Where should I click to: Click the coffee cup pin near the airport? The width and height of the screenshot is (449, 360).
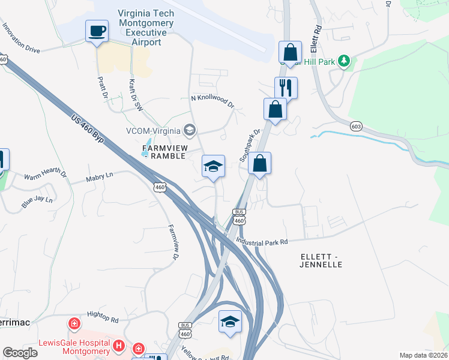tap(97, 31)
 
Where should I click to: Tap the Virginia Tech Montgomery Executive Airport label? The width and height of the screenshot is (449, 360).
tap(146, 28)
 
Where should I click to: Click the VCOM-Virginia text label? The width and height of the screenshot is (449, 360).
tap(154, 131)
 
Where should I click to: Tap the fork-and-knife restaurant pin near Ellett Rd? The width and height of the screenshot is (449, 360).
tap(285, 88)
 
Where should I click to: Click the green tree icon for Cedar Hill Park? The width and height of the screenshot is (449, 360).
tap(344, 61)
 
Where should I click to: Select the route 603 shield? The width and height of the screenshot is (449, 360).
tap(357, 126)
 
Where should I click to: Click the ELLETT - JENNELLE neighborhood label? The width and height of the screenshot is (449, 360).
tap(321, 260)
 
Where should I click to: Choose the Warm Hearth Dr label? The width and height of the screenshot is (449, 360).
tap(45, 175)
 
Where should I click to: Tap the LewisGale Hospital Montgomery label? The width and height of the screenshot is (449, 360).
tap(74, 347)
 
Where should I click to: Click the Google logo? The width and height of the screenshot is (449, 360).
tap(20, 353)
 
